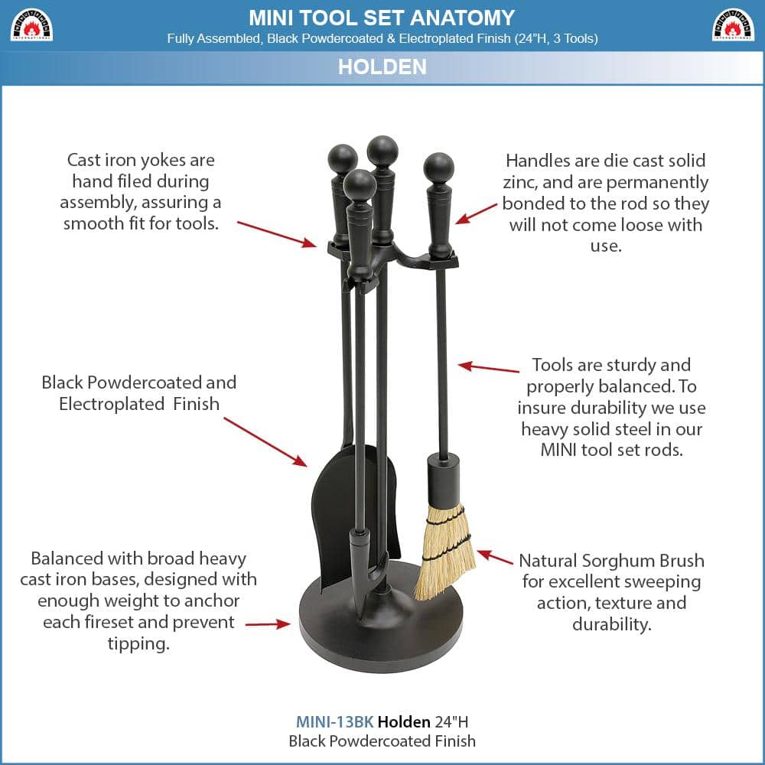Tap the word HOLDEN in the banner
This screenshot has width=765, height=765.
pos(382,67)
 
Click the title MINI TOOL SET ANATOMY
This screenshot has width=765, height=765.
pos(382,17)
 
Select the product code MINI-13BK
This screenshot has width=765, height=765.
pos(334,721)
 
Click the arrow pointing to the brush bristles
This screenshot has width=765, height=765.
pos(495,557)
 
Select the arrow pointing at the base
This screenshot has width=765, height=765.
pos(268,624)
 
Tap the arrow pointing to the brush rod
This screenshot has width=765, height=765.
pos(489,368)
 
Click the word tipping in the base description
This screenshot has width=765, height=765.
pos(138,643)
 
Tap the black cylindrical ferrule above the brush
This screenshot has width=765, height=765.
pos(443,478)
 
